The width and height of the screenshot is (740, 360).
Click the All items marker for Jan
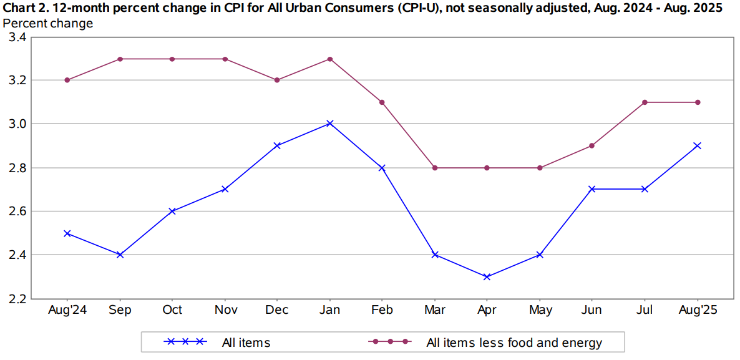[x=330, y=124]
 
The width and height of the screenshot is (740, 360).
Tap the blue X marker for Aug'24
[x=67, y=233]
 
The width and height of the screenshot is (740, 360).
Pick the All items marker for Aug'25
[x=698, y=145]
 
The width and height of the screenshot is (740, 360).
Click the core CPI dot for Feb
[x=382, y=102]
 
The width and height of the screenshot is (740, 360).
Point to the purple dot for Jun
[x=592, y=145]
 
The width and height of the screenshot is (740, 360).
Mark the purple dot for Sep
[x=120, y=59]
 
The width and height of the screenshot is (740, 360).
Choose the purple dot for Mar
[x=435, y=168]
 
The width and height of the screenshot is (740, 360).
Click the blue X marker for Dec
[x=277, y=145]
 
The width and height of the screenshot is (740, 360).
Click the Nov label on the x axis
[x=225, y=311]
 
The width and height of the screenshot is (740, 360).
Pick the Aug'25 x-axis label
[x=698, y=311]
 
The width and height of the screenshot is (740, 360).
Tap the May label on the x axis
[x=540, y=311]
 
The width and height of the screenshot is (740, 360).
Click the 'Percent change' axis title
[x=48, y=23]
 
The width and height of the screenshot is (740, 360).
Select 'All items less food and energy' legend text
[x=514, y=343]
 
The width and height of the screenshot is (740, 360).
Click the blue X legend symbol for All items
[x=185, y=342]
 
